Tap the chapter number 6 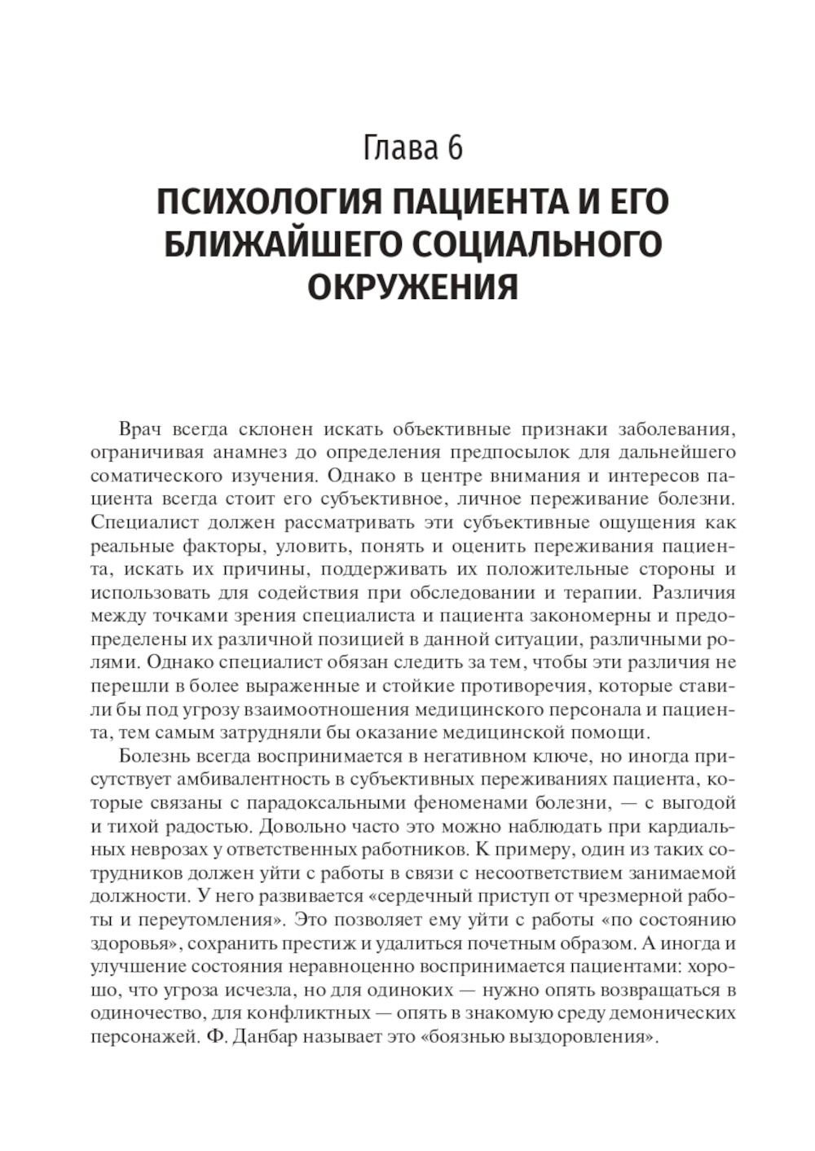pyautogui.click(x=455, y=148)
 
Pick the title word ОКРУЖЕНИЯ pyautogui.click(x=412, y=288)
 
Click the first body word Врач pyautogui.click(x=139, y=428)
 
